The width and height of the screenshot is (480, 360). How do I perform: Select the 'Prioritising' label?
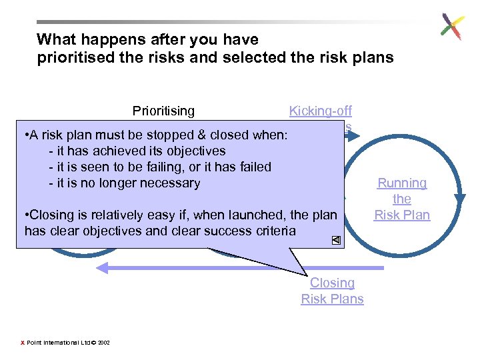163,111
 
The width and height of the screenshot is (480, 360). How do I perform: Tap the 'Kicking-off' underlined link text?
320,111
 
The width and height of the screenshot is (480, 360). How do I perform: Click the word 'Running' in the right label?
402,183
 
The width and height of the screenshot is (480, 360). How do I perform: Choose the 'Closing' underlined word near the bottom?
332,283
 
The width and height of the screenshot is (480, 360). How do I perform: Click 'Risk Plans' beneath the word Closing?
332,299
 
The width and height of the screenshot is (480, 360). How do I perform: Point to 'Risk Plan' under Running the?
402,215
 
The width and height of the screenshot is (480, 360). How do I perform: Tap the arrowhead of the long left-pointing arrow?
102,268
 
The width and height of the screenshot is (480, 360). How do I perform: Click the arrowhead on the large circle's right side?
459,197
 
